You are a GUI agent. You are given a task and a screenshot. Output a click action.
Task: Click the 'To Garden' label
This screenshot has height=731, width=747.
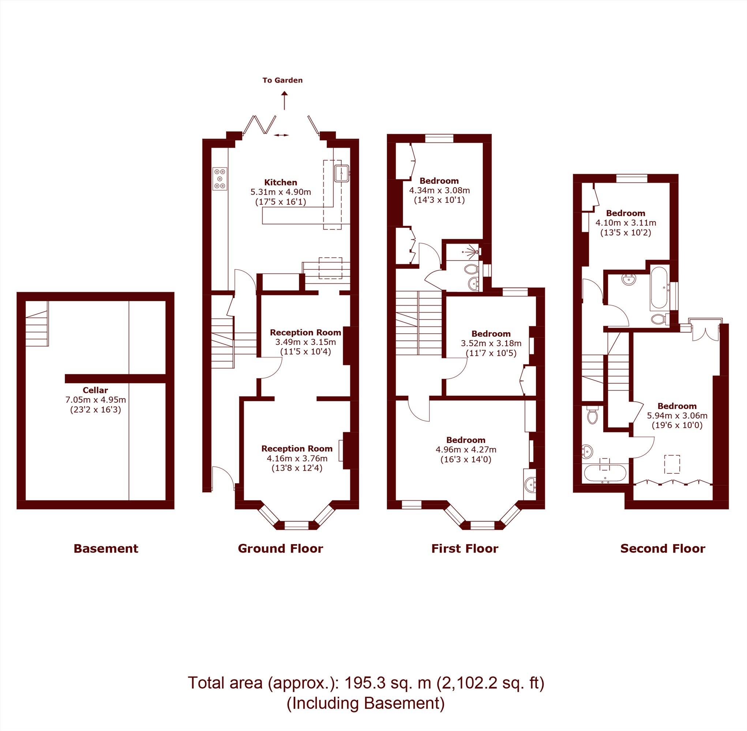(282, 80)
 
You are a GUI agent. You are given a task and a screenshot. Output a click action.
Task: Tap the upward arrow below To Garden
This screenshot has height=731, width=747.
(284, 101)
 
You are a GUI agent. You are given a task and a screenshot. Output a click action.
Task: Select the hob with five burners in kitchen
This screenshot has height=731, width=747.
(220, 178)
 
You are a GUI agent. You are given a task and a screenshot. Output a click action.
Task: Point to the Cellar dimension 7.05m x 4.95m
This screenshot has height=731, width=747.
(95, 399)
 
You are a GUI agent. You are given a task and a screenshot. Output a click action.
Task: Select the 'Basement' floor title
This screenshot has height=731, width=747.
(106, 549)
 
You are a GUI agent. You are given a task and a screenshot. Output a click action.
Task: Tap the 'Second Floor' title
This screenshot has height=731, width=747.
(662, 549)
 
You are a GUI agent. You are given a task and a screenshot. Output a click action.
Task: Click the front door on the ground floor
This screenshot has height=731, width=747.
(223, 478)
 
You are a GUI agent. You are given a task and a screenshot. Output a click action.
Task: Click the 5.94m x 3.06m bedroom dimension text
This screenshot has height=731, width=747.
(677, 416)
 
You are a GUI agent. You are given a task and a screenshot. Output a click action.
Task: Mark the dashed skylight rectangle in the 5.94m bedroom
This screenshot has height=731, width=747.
(672, 465)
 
